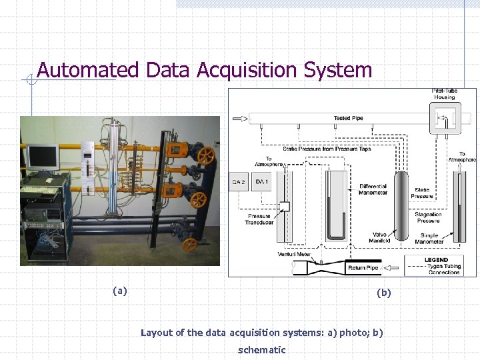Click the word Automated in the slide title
pyautogui.click(x=87, y=70)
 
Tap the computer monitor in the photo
pyautogui.click(x=41, y=157)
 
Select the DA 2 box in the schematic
pyautogui.click(x=239, y=181)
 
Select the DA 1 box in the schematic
pyautogui.click(x=261, y=181)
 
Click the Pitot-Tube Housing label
pyautogui.click(x=444, y=94)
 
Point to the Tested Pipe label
pyautogui.click(x=348, y=119)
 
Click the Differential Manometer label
pyautogui.click(x=373, y=190)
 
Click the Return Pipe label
pyautogui.click(x=363, y=268)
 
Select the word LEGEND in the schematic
pyautogui.click(x=436, y=259)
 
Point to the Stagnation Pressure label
pyautogui.click(x=429, y=217)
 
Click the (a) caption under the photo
pyautogui.click(x=120, y=290)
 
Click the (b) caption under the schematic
pyautogui.click(x=384, y=292)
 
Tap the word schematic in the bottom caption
pyautogui.click(x=261, y=349)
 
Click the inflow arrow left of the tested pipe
pyautogui.click(x=239, y=119)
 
